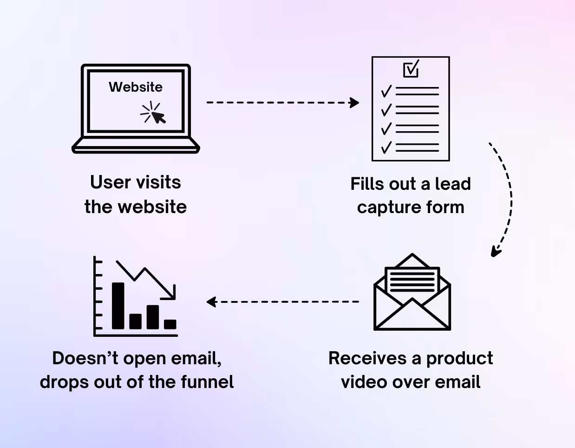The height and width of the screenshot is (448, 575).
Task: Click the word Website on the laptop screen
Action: (x=136, y=87)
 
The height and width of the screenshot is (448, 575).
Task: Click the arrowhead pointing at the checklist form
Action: (x=355, y=102)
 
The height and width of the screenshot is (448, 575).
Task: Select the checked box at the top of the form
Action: (x=411, y=69)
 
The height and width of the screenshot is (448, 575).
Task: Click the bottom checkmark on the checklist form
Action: (x=386, y=147)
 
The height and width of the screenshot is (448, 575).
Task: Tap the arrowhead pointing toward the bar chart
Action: (x=211, y=302)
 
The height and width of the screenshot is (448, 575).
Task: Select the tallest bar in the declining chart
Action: (x=118, y=306)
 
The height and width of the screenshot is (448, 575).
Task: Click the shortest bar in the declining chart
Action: (x=170, y=324)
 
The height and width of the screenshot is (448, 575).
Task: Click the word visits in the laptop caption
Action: (x=156, y=182)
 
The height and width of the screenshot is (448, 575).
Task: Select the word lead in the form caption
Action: (x=453, y=184)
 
